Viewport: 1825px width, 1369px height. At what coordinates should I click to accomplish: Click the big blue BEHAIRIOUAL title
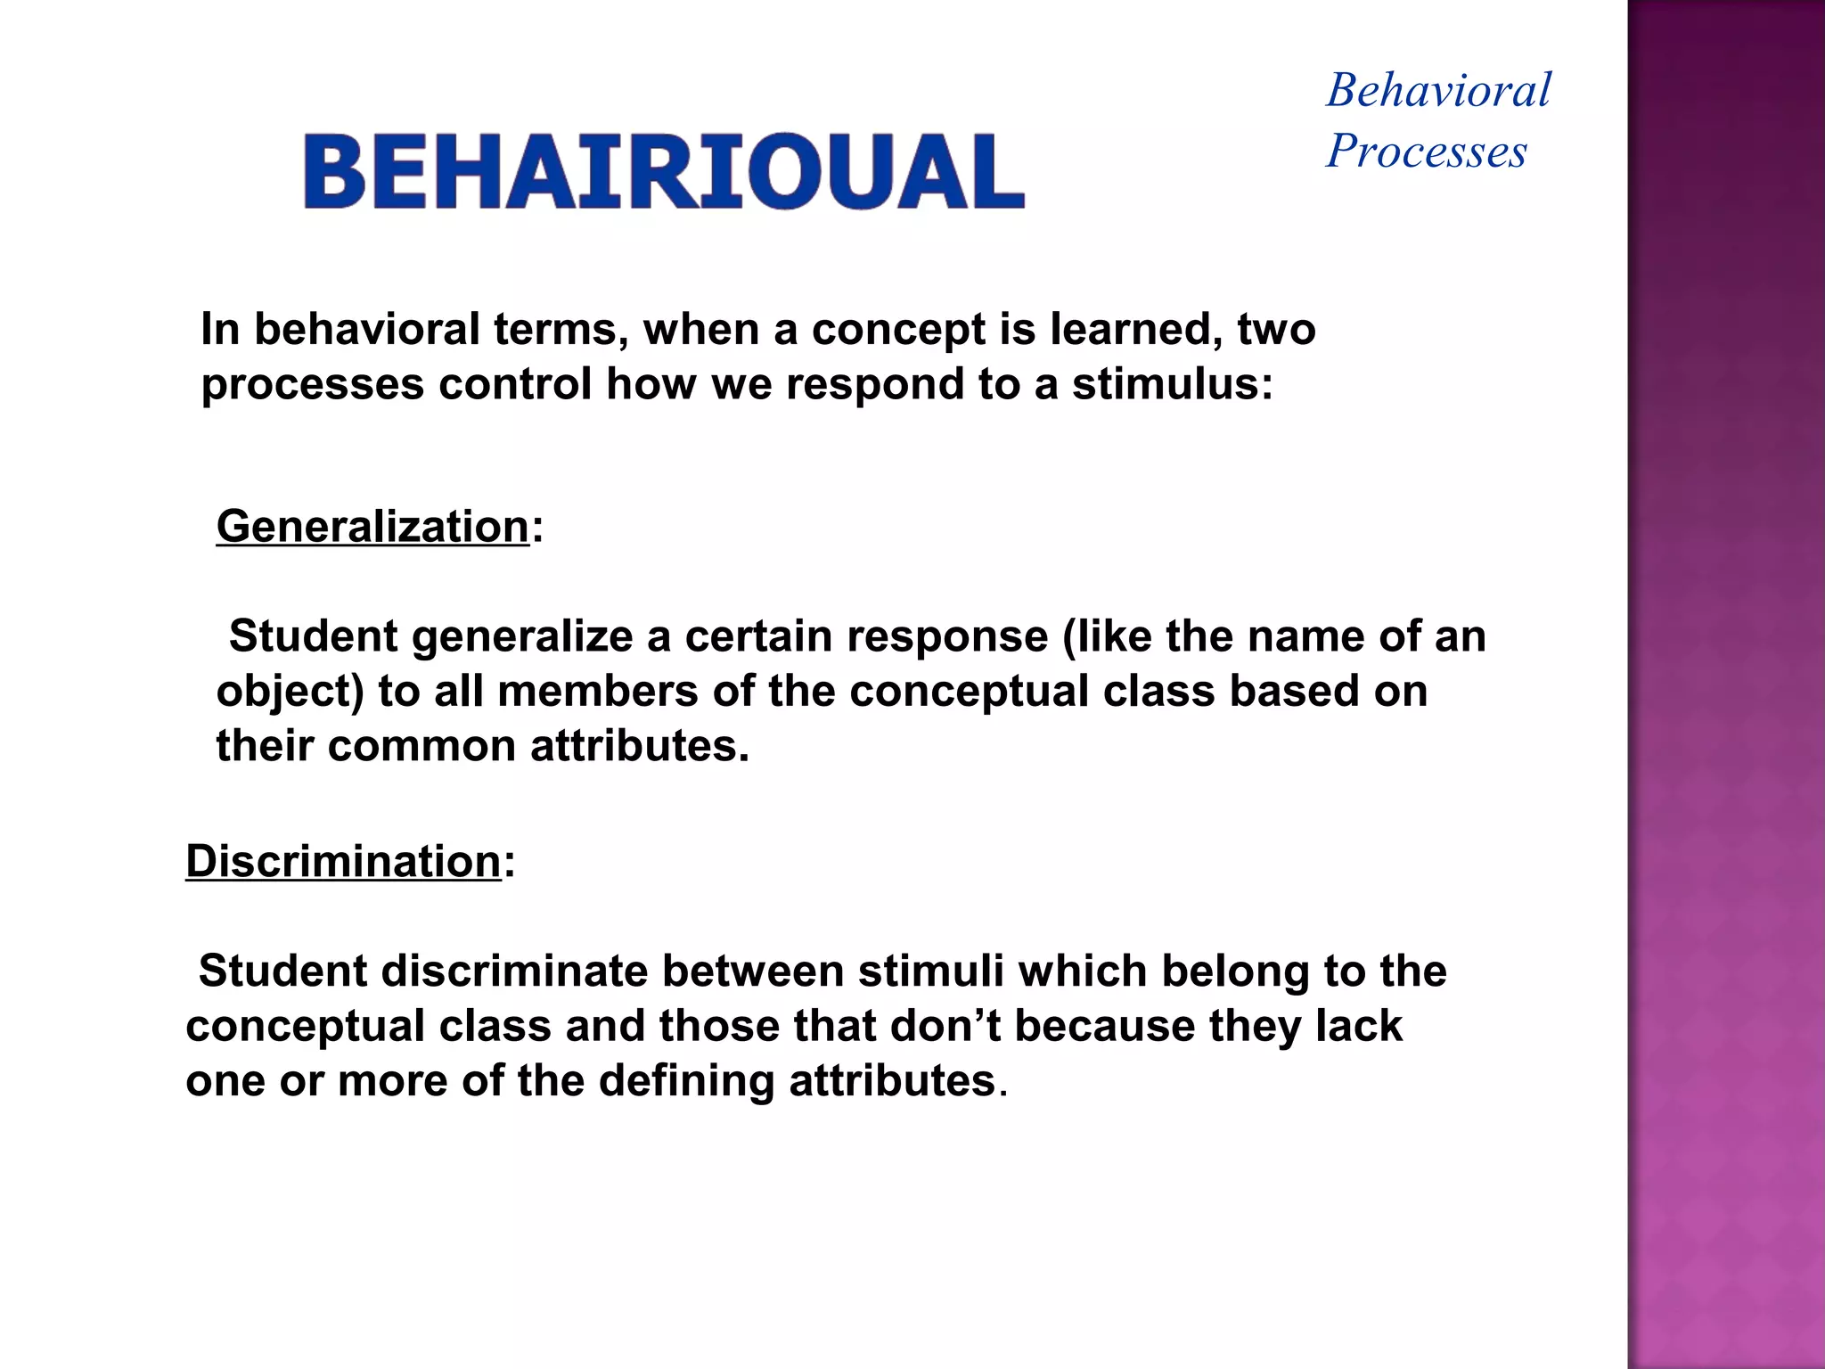coord(664,172)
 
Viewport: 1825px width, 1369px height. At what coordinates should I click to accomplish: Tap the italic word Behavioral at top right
coord(1438,91)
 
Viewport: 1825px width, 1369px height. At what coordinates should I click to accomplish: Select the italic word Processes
coord(1426,151)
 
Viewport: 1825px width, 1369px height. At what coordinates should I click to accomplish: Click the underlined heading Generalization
coord(372,526)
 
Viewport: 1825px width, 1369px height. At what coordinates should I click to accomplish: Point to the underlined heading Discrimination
coord(343,861)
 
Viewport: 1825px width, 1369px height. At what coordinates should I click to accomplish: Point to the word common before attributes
coord(421,746)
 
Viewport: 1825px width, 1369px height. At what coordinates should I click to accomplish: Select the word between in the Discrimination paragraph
coord(751,971)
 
